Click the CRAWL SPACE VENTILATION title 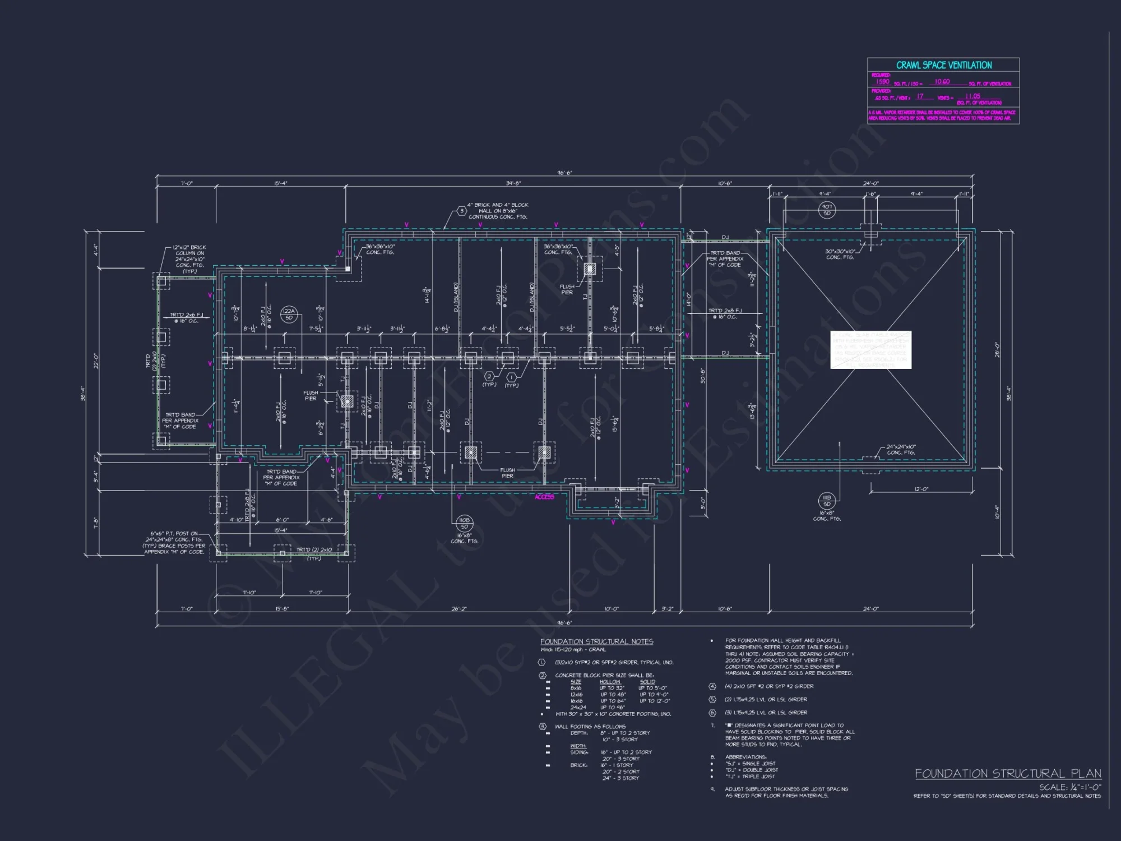(944, 65)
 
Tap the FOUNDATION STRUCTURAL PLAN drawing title (1008, 774)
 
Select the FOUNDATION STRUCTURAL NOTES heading (596, 641)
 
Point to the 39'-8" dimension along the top (513, 183)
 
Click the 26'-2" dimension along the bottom (459, 608)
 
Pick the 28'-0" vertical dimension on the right (997, 350)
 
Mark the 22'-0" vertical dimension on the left (96, 361)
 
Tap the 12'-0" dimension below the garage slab (921, 489)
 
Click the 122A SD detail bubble (289, 314)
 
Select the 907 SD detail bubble (827, 210)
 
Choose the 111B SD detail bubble (827, 500)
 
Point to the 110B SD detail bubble (464, 523)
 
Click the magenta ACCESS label (544, 497)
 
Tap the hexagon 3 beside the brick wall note (461, 211)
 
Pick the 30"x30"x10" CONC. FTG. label (840, 254)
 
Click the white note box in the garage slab (870, 350)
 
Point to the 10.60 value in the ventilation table (942, 82)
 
